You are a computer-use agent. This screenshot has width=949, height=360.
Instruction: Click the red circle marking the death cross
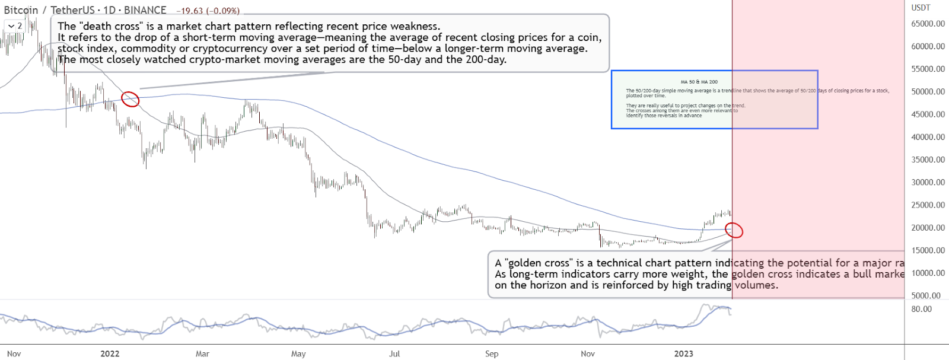click(130, 99)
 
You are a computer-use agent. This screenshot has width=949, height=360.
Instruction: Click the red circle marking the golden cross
click(734, 230)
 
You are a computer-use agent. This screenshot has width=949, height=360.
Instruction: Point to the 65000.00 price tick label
click(928, 24)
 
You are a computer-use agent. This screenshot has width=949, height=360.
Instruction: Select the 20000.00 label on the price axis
click(928, 228)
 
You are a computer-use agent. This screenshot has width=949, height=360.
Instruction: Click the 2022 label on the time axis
click(110, 353)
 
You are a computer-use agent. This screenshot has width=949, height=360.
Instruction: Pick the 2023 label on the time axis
click(683, 353)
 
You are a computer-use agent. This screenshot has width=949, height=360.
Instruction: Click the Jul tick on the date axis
click(394, 353)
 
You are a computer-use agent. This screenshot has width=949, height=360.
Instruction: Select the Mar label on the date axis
click(202, 353)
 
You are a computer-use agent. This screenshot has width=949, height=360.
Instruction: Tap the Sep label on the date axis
click(492, 353)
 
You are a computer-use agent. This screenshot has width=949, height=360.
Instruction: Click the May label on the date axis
click(298, 353)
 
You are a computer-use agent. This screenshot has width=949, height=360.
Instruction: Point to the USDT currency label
click(921, 8)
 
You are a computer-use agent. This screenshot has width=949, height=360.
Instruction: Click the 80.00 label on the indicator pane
click(921, 309)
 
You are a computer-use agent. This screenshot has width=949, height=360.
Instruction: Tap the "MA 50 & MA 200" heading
click(699, 82)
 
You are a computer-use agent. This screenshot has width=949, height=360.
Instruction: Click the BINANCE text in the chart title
click(145, 10)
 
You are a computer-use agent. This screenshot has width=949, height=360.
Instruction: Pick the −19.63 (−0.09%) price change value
click(208, 11)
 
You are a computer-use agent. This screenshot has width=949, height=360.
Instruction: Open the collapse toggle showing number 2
click(14, 26)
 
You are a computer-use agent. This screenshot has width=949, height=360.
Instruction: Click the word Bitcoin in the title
click(21, 10)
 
